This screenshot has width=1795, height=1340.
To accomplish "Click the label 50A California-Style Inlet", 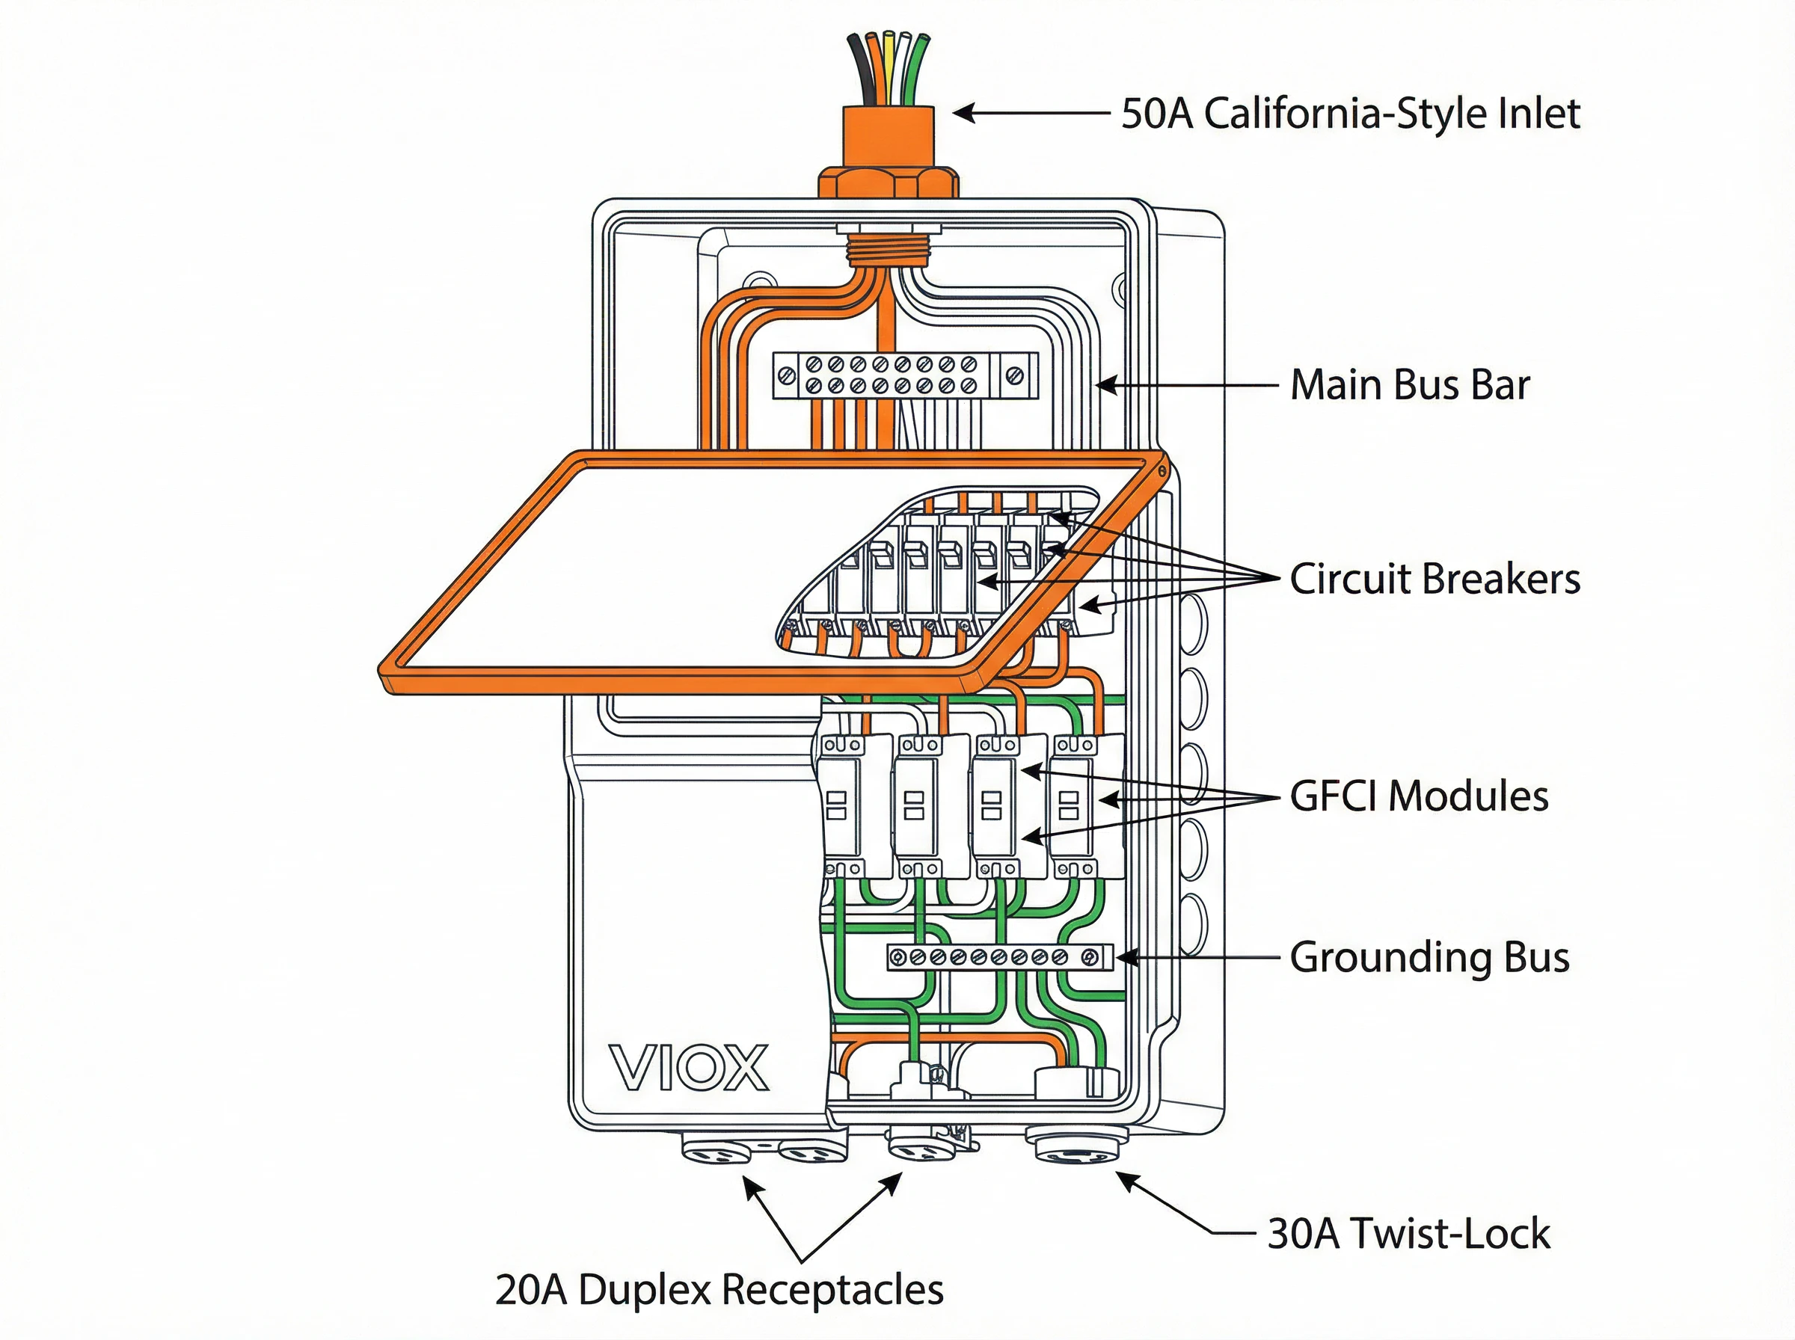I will (1350, 114).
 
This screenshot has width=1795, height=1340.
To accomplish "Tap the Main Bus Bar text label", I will (1409, 384).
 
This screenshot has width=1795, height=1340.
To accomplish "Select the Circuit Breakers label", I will (1434, 580).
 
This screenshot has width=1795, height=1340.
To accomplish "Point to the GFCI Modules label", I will (1419, 796).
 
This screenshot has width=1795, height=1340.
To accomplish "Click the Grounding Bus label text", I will (1429, 957).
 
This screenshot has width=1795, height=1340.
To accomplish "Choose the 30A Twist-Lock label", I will (1408, 1234).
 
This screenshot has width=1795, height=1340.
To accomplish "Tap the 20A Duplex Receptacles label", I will (719, 1290).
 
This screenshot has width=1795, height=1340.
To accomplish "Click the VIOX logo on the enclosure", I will (688, 1069).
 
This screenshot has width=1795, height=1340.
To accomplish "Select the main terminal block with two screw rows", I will (904, 375).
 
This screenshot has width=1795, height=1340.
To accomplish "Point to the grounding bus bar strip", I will (998, 958).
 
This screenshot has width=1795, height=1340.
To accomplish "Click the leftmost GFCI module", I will (842, 807).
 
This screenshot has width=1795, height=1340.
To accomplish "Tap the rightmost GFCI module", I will (1076, 807).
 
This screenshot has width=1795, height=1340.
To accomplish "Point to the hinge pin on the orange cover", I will (1162, 470).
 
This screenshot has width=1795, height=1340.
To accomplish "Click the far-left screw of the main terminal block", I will (786, 375).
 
